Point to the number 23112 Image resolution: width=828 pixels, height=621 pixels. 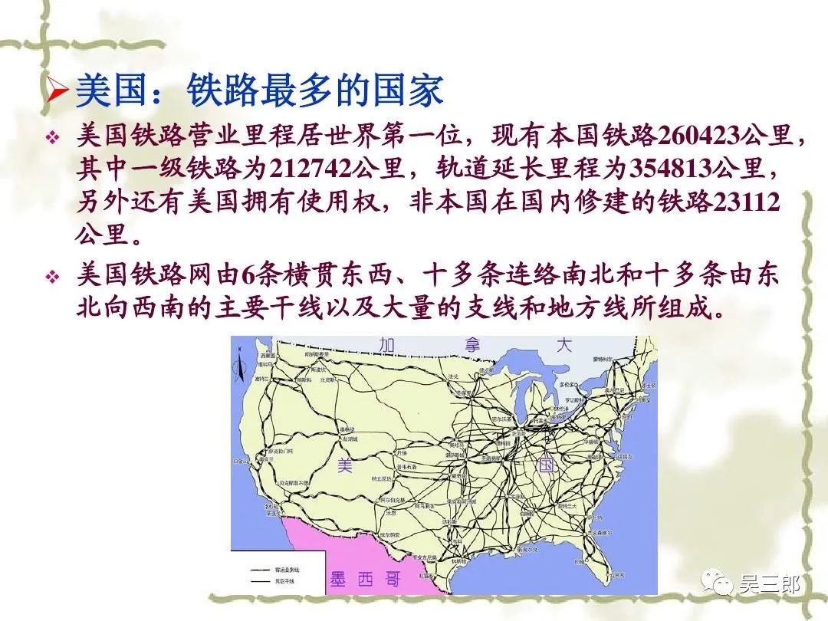(746, 202)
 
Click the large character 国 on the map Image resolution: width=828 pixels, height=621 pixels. (546, 465)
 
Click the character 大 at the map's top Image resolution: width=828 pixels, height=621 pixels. (564, 345)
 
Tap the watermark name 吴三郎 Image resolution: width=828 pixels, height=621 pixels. (769, 586)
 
